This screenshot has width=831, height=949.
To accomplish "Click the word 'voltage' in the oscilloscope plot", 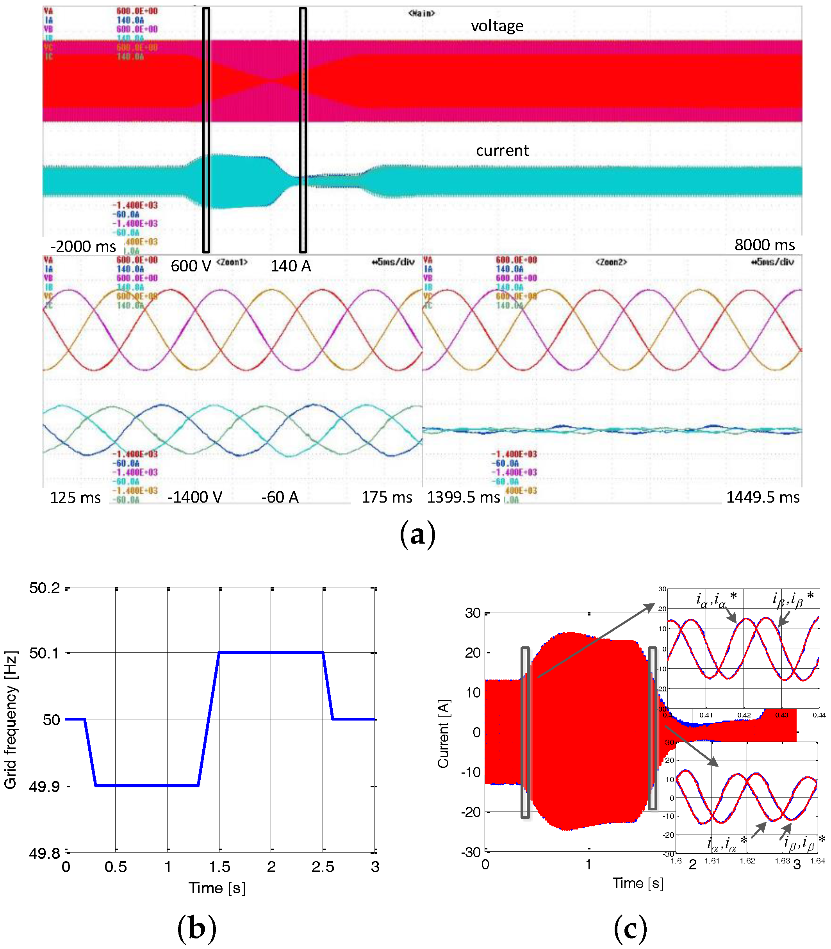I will click(x=497, y=26).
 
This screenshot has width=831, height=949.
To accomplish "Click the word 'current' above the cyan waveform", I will click(x=502, y=150).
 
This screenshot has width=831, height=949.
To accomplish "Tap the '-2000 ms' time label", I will click(x=83, y=246).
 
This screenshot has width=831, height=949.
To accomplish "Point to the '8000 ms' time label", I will click(x=764, y=245).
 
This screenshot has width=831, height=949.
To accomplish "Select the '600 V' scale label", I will click(x=191, y=266).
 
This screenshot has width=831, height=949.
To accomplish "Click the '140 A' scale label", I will click(x=291, y=266).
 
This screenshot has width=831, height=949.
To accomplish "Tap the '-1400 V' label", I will click(x=194, y=497).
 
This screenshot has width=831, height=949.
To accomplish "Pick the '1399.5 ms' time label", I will click(x=463, y=497).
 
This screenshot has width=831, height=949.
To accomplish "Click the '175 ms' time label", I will click(x=386, y=497).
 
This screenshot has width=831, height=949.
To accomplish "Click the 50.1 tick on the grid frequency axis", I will click(x=45, y=653).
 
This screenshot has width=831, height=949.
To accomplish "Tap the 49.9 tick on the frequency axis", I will click(x=45, y=786).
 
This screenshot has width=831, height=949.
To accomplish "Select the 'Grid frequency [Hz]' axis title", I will click(x=11, y=719).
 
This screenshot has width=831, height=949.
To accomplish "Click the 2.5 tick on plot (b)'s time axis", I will click(x=323, y=867).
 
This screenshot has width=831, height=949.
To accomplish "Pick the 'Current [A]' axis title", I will click(x=443, y=733).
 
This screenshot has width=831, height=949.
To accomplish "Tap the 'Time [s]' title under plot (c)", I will click(x=638, y=883).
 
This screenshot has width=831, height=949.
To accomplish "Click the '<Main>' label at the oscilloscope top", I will click(x=421, y=13).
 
